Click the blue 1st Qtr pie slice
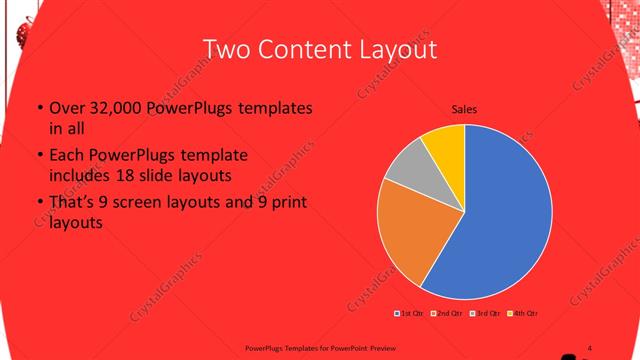coord(500,215)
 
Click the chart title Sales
coord(464,109)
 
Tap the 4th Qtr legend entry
coord(523,315)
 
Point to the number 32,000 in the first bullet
coord(112,109)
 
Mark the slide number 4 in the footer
coord(590,346)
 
